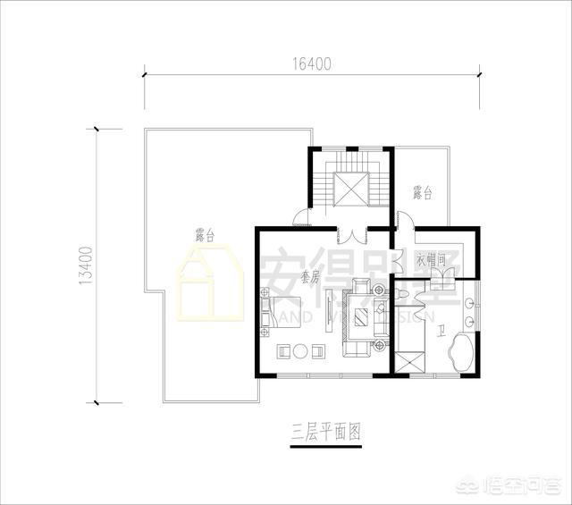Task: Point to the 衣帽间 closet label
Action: [432, 261]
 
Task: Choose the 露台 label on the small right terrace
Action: [423, 191]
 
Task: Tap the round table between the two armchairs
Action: [302, 350]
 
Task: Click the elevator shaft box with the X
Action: [350, 189]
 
